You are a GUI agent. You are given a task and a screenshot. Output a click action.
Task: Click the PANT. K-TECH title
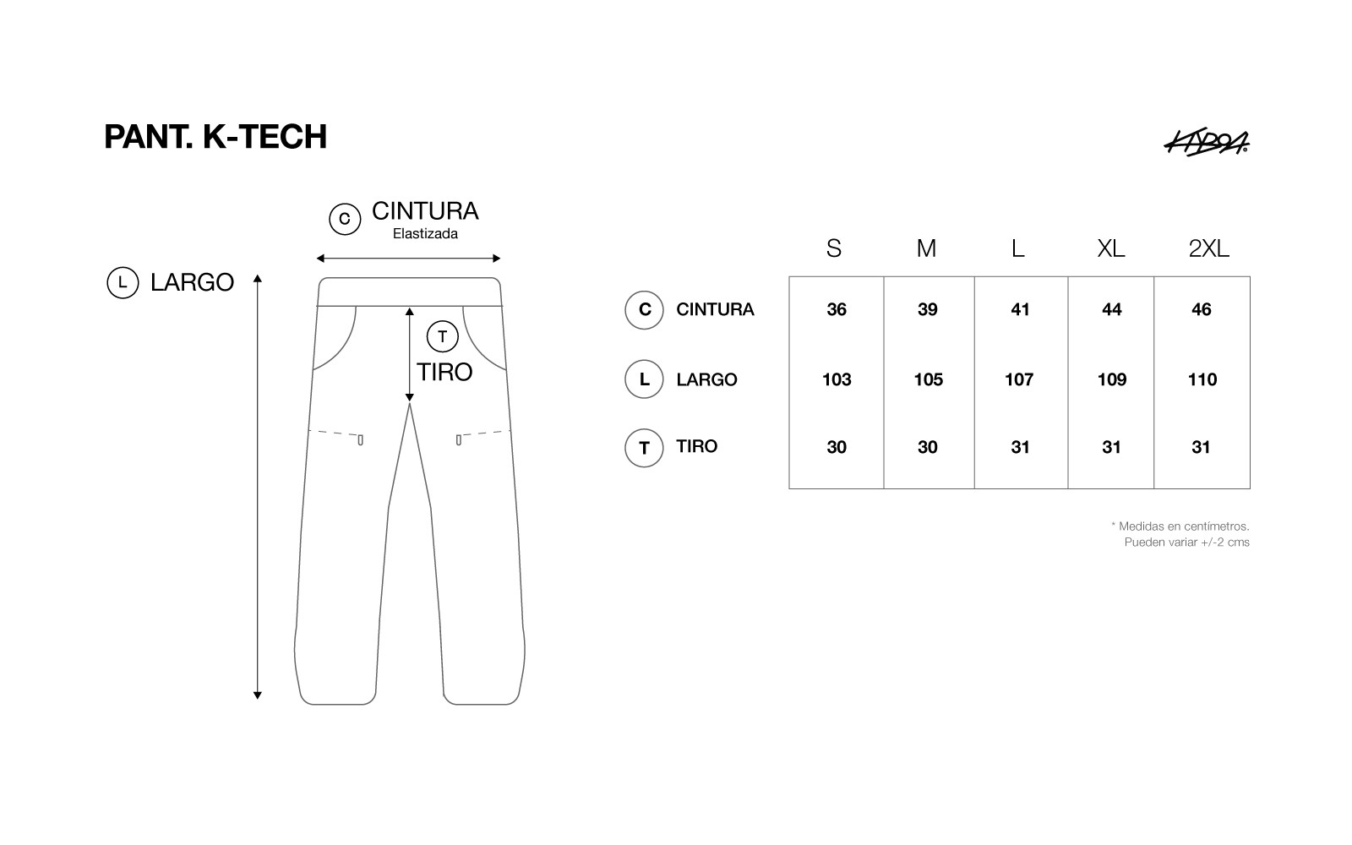[x=215, y=136]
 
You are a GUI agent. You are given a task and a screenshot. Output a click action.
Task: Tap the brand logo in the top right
[x=1207, y=143]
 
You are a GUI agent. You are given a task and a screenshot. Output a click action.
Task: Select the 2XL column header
[x=1208, y=248]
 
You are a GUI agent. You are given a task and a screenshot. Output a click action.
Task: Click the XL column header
[x=1110, y=248]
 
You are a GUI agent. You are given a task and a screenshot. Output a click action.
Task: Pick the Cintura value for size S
[x=837, y=309]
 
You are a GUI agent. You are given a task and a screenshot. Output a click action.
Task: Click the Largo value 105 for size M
[x=929, y=379]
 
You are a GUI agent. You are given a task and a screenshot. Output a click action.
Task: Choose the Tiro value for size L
[x=1020, y=447]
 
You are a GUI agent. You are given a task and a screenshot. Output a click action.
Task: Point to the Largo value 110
[x=1202, y=379]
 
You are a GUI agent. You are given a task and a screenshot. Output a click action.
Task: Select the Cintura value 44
[x=1112, y=309]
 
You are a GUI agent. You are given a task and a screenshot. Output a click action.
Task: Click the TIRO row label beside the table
[x=696, y=446]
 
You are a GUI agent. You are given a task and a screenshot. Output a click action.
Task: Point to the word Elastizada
[x=425, y=233]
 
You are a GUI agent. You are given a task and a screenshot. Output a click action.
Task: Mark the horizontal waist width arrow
[x=409, y=259]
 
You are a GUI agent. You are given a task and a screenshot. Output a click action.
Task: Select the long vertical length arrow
[x=258, y=487]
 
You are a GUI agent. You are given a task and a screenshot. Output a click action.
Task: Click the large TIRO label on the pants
[x=444, y=373]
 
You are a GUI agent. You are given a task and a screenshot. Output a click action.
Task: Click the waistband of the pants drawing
[x=409, y=292]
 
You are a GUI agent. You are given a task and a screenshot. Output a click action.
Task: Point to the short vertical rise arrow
[x=410, y=354]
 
